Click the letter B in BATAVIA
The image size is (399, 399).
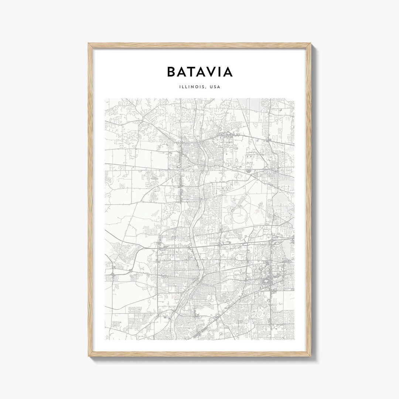172,72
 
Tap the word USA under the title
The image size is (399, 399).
214,87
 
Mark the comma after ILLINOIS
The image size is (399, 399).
205,88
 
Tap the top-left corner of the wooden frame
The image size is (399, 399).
89,44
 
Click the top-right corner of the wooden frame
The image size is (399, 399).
310,44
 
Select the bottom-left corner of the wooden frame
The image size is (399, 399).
89,358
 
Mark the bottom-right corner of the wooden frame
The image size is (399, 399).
310,358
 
